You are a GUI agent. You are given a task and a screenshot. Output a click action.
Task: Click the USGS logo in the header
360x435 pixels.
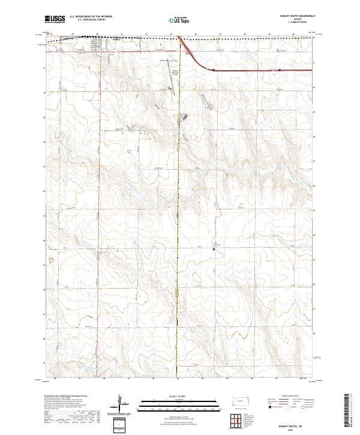pyautogui.click(x=55, y=20)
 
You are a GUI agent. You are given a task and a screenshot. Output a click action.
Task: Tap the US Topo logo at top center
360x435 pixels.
pyautogui.click(x=179, y=20)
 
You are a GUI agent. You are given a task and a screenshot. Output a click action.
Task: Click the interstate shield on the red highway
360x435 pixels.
pyautogui.click(x=213, y=70)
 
